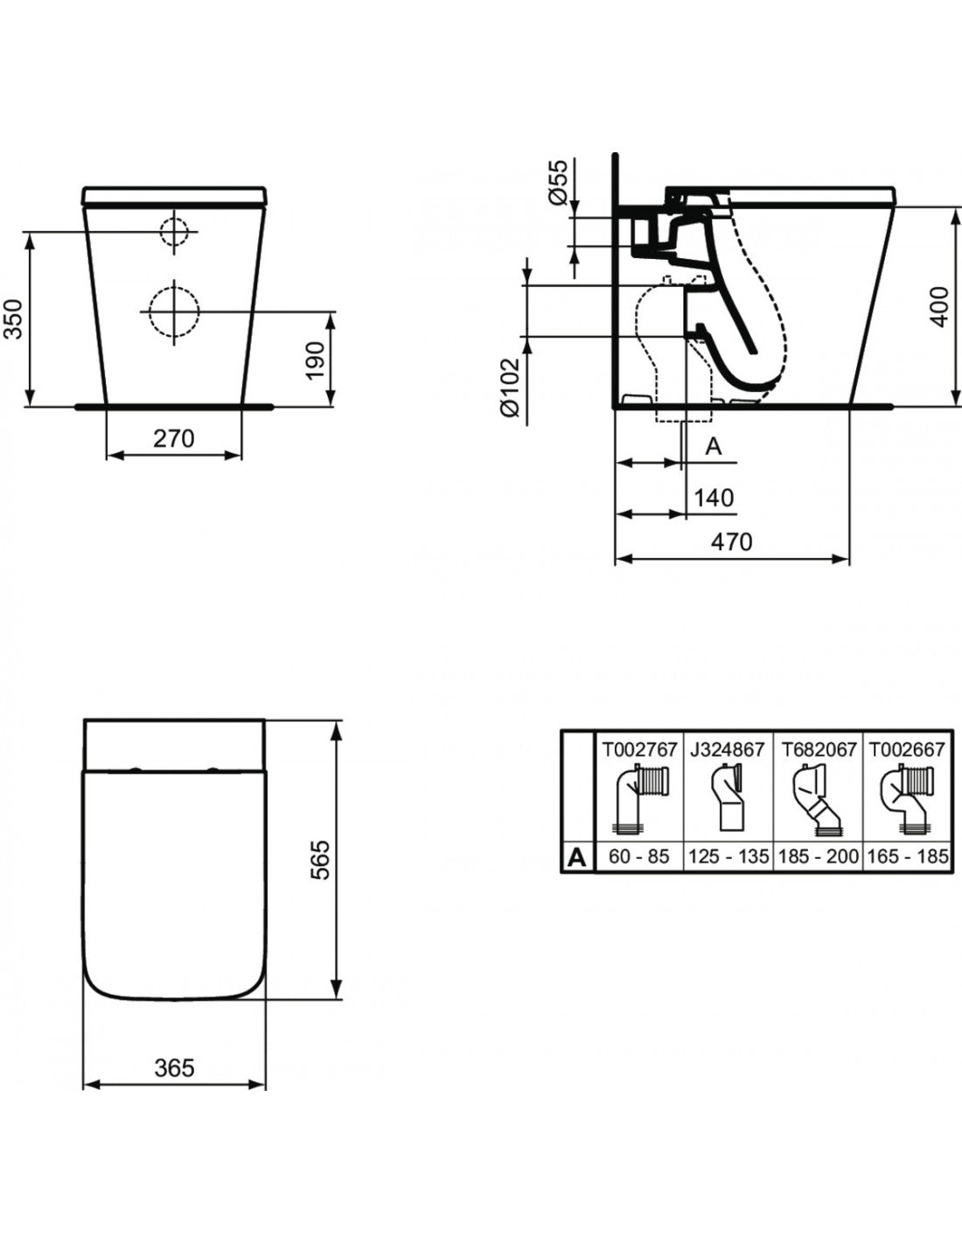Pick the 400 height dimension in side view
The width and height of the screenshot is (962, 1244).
click(x=938, y=306)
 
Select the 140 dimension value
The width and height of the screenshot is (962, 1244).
click(x=713, y=498)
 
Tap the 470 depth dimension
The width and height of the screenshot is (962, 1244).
click(x=730, y=542)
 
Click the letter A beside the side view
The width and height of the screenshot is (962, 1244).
click(x=714, y=446)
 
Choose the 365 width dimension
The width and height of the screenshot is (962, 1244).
click(x=174, y=1067)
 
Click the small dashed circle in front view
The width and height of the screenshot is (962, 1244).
click(x=173, y=231)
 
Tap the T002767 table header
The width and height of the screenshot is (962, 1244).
click(x=639, y=749)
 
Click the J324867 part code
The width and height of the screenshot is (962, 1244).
click(x=728, y=749)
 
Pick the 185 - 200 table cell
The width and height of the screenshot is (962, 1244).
click(x=818, y=856)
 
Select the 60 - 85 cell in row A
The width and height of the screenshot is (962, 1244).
click(x=639, y=856)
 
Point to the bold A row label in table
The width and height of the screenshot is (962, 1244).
click(x=576, y=856)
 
